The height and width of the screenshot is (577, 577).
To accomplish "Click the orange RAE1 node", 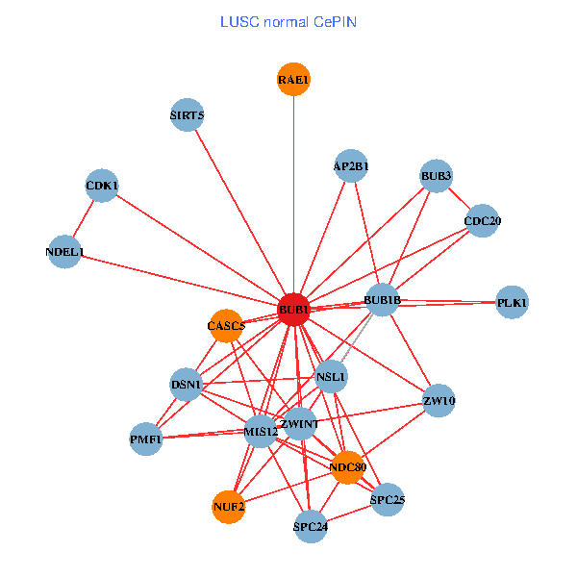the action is pos(294,80).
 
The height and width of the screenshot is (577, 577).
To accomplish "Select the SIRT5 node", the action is pos(187,115).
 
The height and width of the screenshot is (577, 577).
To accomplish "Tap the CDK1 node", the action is pos(102,186).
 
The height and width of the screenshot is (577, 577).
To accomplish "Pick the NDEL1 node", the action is pos(64,253).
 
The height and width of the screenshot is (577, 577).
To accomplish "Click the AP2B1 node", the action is pos(351,165).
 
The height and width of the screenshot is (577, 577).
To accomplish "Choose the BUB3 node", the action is pos(436,175).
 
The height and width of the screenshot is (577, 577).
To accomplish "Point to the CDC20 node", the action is pos(482,221).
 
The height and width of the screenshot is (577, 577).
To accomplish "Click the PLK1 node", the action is pos(512,303).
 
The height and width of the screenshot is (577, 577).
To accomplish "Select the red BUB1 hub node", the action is pos(293,310).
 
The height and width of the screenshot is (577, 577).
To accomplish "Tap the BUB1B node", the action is pos(382,300).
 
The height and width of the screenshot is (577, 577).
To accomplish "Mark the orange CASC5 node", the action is pos(226,325).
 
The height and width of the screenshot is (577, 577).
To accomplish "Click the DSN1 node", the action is pos(187,385).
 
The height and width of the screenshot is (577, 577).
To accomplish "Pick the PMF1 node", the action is pos(146,439).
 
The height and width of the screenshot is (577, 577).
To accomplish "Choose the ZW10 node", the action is pos(439,400).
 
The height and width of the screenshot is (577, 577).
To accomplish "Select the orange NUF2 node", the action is pos(228,506).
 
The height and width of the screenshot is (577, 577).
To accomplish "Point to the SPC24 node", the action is pos(310,526).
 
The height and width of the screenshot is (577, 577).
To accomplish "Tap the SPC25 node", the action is pos(387,500).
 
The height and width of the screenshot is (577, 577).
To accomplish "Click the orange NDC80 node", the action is pos(346,467).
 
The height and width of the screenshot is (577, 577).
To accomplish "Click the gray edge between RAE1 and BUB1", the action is pos(294,192).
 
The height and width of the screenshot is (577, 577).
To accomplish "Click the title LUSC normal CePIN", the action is pos(288,21).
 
